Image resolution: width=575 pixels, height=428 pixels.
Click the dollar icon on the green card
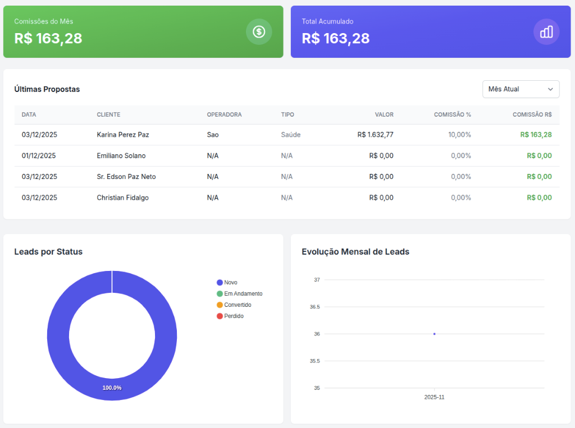(x=259, y=32)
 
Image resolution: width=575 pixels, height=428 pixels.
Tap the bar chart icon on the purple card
(x=546, y=32)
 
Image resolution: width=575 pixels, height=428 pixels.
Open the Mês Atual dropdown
(x=521, y=89)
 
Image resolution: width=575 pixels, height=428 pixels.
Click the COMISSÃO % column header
(x=452, y=114)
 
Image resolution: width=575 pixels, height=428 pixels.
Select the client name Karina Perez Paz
(x=123, y=135)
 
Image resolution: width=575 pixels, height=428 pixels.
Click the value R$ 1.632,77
(x=375, y=135)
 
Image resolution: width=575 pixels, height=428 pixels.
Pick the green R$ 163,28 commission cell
(x=536, y=135)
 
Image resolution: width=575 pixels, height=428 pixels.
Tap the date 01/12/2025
(x=39, y=155)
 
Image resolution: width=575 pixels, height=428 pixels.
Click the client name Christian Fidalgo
(x=122, y=197)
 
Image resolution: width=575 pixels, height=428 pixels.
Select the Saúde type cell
(x=291, y=135)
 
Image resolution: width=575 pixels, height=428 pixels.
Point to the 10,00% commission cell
(x=459, y=135)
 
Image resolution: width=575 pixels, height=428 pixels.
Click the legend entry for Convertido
(x=234, y=305)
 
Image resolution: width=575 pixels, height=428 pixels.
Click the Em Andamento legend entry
(x=240, y=294)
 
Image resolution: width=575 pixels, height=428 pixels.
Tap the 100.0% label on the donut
(x=112, y=388)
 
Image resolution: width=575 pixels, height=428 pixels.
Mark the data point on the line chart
(x=434, y=334)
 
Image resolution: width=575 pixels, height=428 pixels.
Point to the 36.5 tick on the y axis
(x=314, y=307)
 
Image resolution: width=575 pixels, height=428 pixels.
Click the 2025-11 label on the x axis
(x=434, y=397)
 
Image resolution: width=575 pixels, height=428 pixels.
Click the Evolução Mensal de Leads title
(x=355, y=252)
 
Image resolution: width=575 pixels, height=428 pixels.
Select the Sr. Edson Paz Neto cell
(x=126, y=177)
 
